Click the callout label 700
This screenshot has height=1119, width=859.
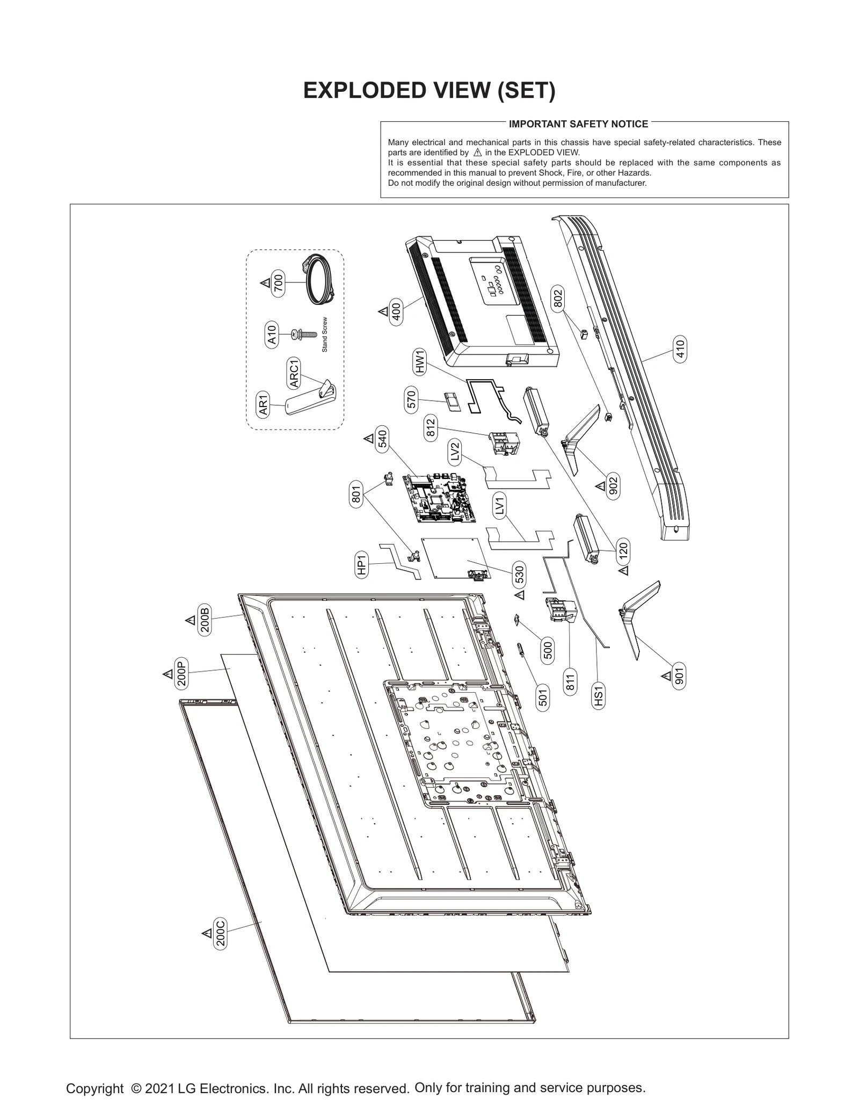279,283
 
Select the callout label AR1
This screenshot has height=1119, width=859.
263,405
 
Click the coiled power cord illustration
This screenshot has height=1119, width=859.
319,280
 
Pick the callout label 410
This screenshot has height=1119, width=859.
680,350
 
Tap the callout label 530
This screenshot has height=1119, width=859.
519,575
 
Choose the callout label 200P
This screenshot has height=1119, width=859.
181,674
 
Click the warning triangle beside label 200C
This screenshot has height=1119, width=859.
206,934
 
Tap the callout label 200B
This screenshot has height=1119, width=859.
205,620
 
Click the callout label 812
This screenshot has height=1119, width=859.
430,428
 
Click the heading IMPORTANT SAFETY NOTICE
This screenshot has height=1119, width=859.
578,124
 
